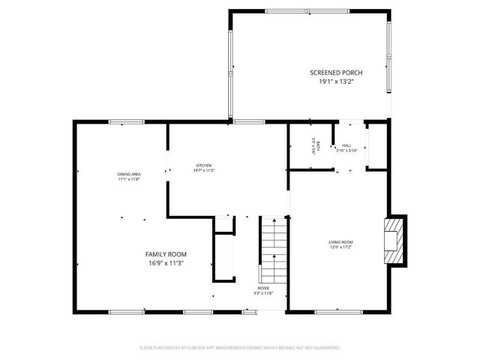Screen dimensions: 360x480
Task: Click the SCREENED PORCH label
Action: point(336,73)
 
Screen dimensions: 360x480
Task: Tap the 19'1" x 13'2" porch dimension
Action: point(336,82)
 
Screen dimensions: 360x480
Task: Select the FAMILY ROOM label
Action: point(166,254)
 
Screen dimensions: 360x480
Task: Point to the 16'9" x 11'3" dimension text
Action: point(166,263)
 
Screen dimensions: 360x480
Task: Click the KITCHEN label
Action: point(204,165)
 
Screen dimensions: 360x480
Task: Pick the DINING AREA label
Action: point(129,174)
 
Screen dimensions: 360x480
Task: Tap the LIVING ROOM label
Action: point(340,241)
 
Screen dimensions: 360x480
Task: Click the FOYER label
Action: point(262,287)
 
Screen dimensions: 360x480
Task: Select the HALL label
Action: point(346,145)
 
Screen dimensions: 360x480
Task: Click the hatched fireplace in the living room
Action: point(394,241)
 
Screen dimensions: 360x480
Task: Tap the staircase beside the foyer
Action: point(273,247)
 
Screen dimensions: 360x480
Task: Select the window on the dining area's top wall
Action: point(127,121)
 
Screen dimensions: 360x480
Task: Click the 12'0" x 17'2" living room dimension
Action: point(340,247)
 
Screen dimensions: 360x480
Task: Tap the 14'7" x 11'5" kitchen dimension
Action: point(204,171)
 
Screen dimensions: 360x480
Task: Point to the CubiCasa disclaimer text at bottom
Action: point(240,348)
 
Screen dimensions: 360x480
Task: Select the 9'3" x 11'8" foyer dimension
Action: point(262,293)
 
